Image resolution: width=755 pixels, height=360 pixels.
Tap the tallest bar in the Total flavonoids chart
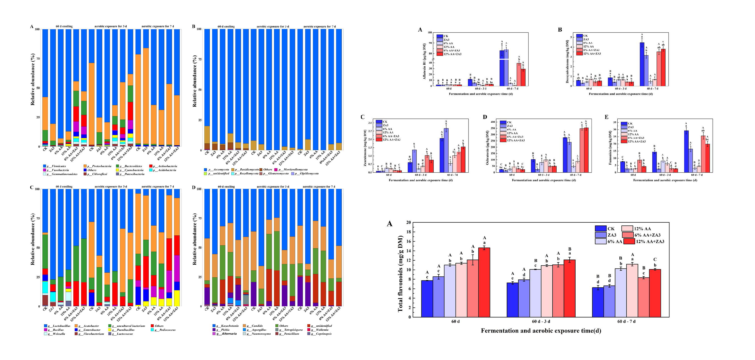click(484, 282)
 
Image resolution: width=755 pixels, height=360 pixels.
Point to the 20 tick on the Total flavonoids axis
click(408, 222)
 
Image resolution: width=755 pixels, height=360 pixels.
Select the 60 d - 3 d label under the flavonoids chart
click(541, 321)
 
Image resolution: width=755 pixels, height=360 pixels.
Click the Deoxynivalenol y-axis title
click(567, 61)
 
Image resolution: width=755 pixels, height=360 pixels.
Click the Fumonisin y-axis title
click(610, 148)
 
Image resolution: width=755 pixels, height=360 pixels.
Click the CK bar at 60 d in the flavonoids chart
click(427, 299)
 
